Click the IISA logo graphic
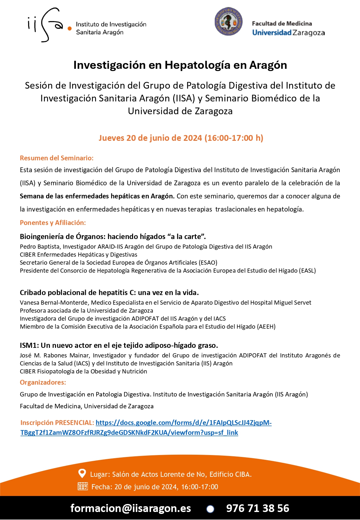[48, 25]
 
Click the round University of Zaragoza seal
[228, 21]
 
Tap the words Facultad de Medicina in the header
[282, 23]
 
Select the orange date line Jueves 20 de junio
[181, 138]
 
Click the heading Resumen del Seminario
[57, 158]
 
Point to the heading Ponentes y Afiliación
[53, 223]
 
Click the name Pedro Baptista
[40, 247]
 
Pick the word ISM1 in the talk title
[28, 346]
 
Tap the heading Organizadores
[43, 382]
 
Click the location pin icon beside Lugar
[82, 473]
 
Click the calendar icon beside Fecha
[83, 486]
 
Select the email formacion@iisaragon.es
[131, 508]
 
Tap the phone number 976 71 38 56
[258, 508]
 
